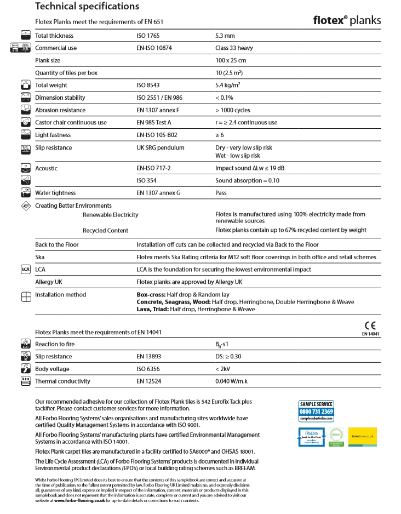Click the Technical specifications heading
pos(87,7)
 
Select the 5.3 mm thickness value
pos(225,36)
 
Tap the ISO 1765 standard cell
pos(148,36)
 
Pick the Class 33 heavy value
pos(234,48)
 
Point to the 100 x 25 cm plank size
pos(231,60)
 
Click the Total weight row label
pos(51,85)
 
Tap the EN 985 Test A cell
pos(154,123)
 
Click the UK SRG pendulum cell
pos(161,148)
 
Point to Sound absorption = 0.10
pos(248,180)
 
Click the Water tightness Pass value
pos(221,193)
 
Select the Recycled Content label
pos(106,230)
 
